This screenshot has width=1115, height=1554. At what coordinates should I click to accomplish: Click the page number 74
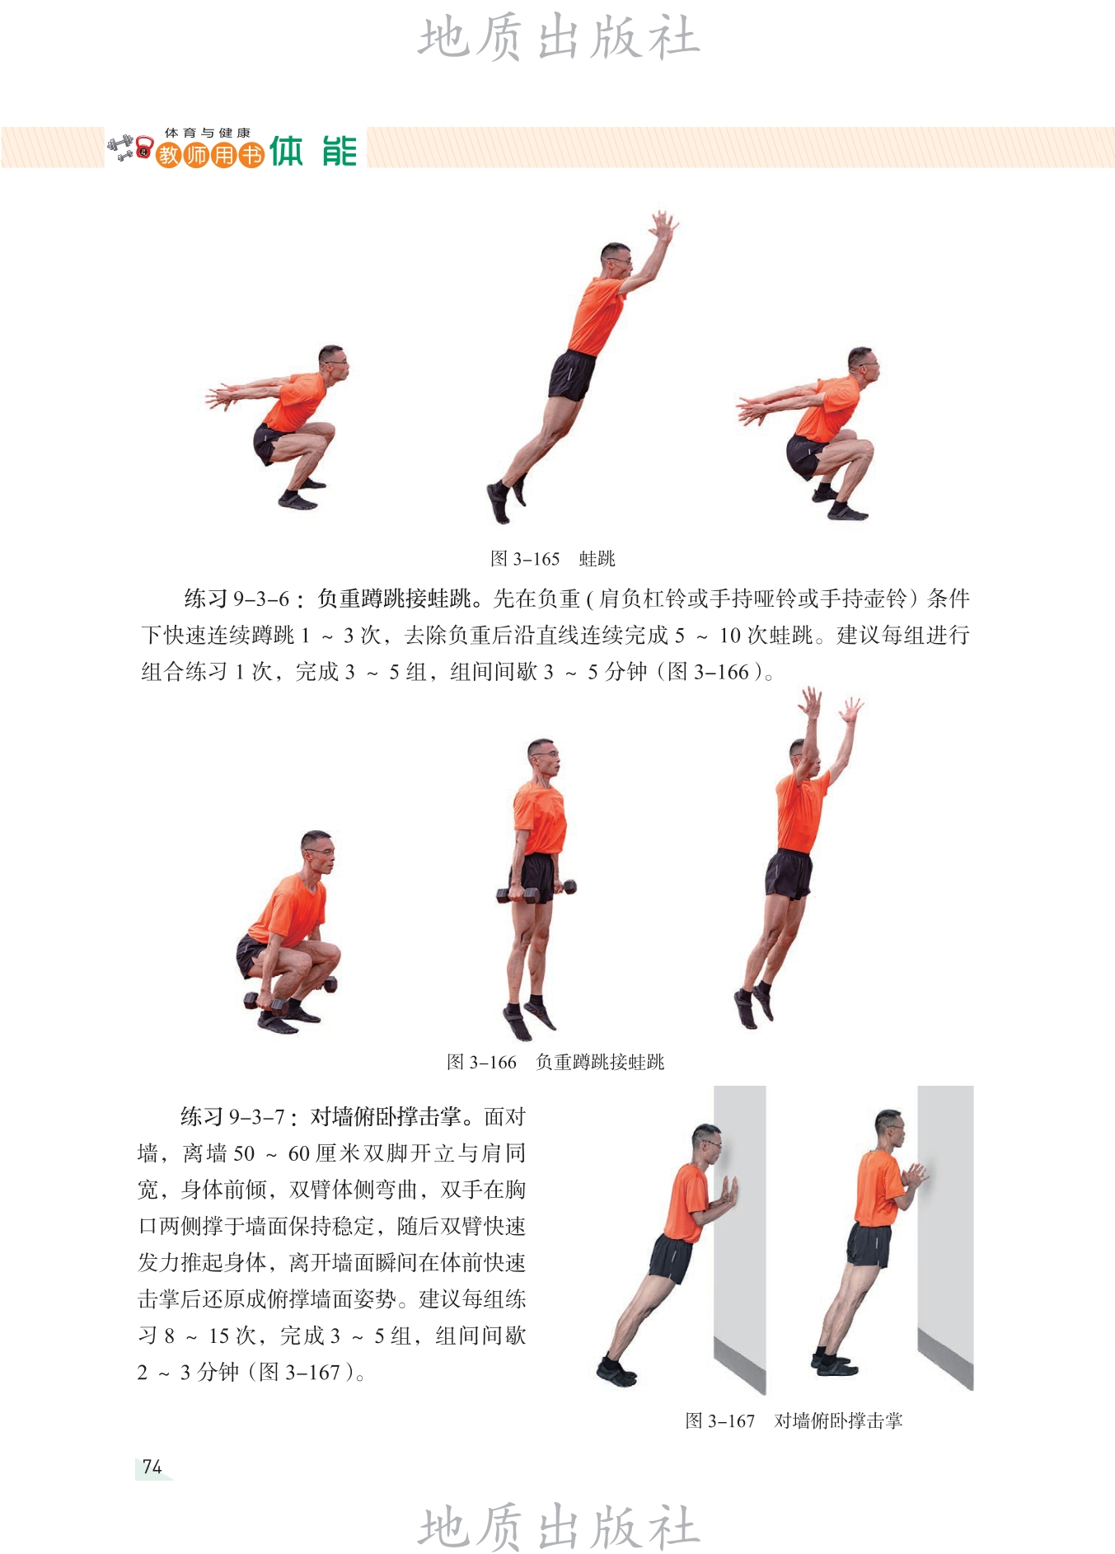(x=152, y=1467)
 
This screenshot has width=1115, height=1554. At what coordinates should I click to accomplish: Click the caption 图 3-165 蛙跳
(x=553, y=559)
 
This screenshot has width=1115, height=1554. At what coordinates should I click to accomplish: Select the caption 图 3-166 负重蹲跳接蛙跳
(x=555, y=1062)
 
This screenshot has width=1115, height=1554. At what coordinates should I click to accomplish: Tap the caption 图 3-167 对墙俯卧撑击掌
(x=794, y=1420)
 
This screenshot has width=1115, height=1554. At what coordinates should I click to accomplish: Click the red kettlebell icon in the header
(x=144, y=148)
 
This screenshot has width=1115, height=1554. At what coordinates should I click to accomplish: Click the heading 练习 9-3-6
(x=244, y=599)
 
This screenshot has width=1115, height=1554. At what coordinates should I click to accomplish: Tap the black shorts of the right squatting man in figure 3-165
(x=806, y=456)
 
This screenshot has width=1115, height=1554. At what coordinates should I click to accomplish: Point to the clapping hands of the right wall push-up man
(x=914, y=1175)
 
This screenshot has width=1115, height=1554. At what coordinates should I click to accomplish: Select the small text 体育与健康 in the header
(x=208, y=132)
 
